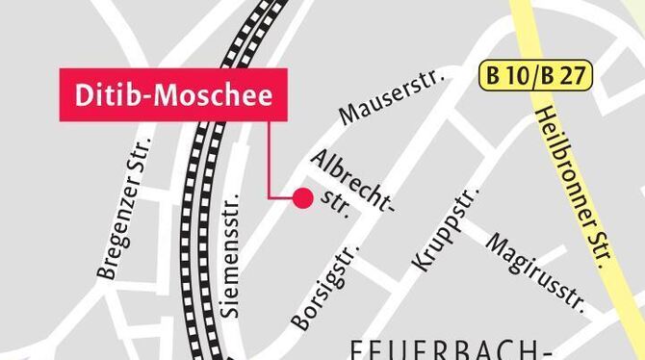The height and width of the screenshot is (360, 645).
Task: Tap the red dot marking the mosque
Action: coord(302,198)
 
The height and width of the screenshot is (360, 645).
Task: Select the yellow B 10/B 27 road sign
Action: coord(535,73)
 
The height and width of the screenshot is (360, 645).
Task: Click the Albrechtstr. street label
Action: coord(353,182)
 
